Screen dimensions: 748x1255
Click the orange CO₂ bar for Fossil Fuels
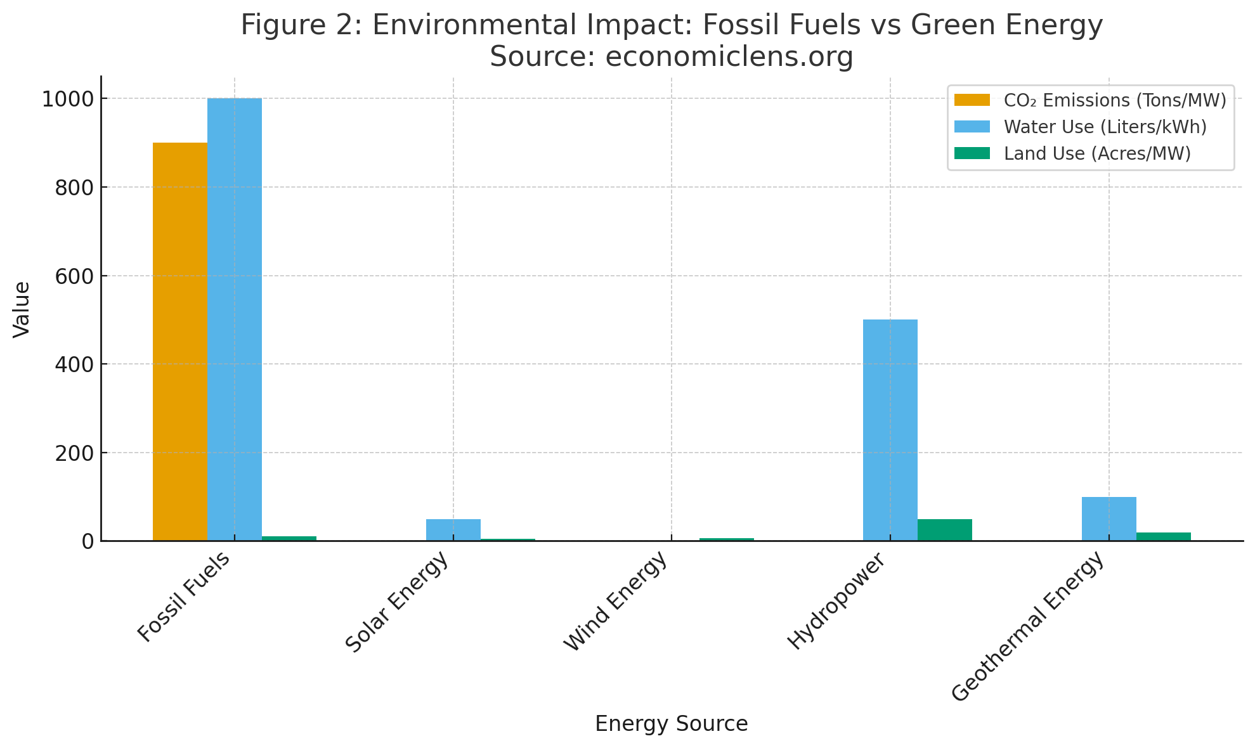click(x=180, y=342)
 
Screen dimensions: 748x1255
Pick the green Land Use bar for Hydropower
click(x=944, y=530)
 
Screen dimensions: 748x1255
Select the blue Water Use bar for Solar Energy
click(x=453, y=530)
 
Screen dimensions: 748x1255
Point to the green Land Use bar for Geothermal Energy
click(x=1163, y=536)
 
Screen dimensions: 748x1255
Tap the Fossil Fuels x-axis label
click(x=184, y=597)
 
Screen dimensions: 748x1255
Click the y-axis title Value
click(x=22, y=309)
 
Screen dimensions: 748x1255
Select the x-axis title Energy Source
click(x=671, y=724)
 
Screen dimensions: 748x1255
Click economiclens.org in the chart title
click(x=729, y=57)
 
